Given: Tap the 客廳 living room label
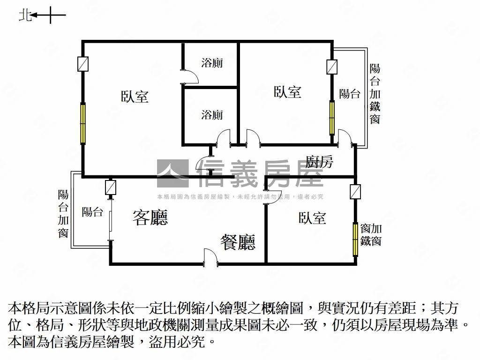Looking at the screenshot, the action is click(x=150, y=217).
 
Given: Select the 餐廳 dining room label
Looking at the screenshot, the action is click(x=238, y=242).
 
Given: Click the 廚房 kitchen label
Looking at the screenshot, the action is click(x=319, y=161).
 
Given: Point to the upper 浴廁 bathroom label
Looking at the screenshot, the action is click(x=212, y=63).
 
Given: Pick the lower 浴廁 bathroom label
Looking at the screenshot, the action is click(x=212, y=115).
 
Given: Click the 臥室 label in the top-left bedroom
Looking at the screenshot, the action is click(x=135, y=97).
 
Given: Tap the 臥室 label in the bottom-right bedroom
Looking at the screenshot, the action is click(x=312, y=218).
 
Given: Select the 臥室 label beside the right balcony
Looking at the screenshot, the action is click(x=287, y=92).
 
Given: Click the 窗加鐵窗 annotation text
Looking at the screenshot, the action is click(x=371, y=235).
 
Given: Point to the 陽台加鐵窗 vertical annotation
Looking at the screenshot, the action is click(x=375, y=94).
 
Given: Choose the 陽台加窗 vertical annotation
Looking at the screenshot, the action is click(x=63, y=214).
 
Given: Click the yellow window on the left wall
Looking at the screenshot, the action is click(x=82, y=123).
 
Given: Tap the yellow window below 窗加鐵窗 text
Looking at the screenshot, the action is click(x=355, y=240).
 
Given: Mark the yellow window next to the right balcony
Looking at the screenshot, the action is click(x=332, y=118).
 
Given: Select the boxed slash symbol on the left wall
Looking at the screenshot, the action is click(x=82, y=64).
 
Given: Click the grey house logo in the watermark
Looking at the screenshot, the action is click(x=172, y=173).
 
